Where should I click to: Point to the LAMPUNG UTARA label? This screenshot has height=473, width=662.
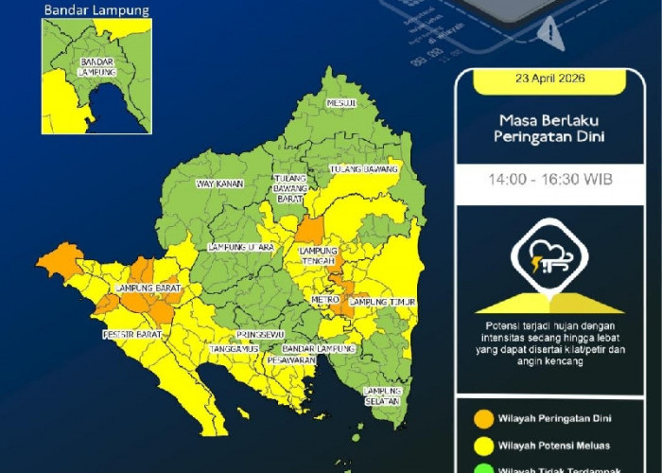point(240,248)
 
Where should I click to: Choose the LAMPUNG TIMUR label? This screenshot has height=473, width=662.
point(383,302)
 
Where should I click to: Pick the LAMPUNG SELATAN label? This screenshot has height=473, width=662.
point(383,396)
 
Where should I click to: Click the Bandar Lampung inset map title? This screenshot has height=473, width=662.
point(96,10)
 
